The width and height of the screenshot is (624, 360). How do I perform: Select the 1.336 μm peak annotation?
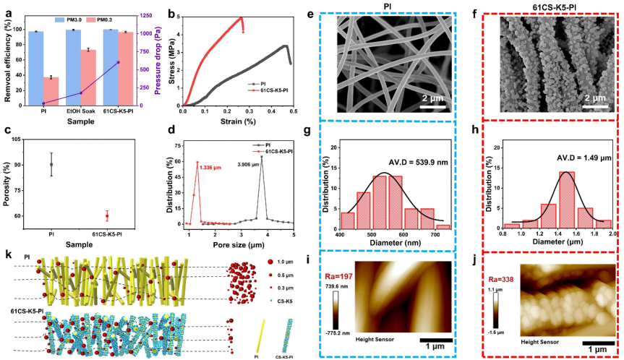213,168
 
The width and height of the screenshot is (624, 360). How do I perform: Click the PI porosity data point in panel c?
51,165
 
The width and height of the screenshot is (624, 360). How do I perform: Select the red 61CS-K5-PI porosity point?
107,216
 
